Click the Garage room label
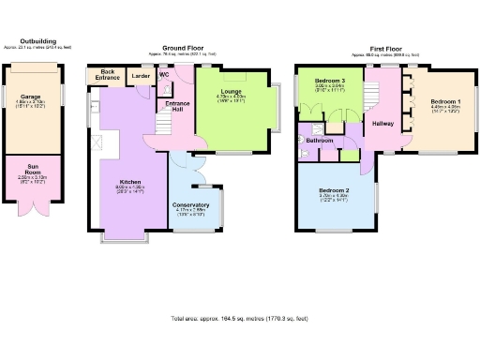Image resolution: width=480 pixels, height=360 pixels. tap(30, 96)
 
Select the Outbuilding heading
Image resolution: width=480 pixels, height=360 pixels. tap(37, 41)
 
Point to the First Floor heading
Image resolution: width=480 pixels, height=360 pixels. tap(385, 47)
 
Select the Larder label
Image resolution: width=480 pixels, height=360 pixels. tap(141, 76)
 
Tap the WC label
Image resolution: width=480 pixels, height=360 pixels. tap(164, 73)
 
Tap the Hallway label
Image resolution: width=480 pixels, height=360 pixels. tap(382, 123)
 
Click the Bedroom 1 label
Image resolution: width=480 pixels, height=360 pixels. tap(445, 100)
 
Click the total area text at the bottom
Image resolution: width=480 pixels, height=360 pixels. tap(239, 319)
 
